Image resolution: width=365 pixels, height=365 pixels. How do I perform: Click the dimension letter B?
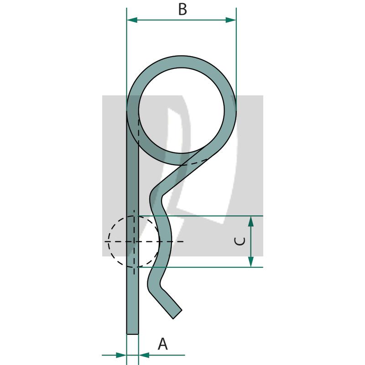182,9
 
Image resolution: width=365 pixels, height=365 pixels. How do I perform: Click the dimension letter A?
162,344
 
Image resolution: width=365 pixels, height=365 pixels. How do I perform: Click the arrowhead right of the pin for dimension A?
144,355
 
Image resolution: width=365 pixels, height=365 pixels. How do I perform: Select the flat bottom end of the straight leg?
132,334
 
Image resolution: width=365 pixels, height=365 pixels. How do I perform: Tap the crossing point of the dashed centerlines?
134,241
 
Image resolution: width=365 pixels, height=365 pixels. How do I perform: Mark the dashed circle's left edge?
109,241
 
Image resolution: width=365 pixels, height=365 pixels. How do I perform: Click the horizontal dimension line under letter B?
182,20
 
